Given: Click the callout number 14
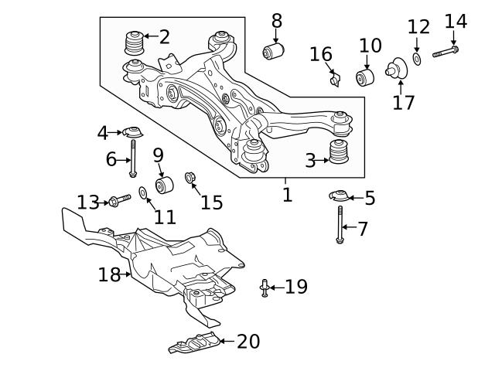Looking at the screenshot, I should coord(456,21).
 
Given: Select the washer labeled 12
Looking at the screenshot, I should coord(418,59).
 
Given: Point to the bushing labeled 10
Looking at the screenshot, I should coord(365,77).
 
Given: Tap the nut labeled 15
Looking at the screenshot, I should coord(189,179).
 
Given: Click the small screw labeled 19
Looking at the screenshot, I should coord(265,288).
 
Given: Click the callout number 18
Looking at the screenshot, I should coord(108,274).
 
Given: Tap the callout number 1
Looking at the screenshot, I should coord(287,194).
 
